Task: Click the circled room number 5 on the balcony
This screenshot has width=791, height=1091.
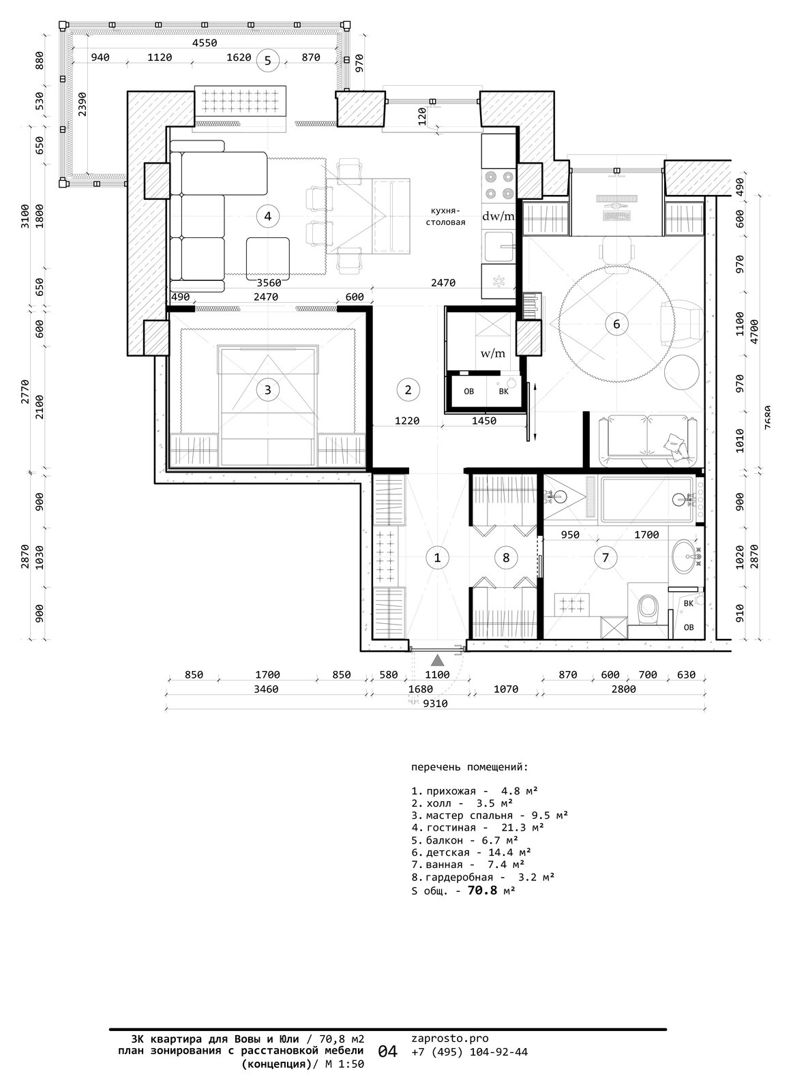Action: click(267, 61)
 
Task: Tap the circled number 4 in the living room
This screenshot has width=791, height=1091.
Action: click(267, 215)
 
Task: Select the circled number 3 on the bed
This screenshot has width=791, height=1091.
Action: click(267, 389)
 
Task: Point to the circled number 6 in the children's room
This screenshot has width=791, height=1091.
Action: click(616, 324)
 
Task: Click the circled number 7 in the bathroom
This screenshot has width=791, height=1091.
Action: click(606, 557)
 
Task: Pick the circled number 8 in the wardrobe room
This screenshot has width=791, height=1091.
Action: click(505, 557)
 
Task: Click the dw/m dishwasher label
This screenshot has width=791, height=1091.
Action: click(498, 216)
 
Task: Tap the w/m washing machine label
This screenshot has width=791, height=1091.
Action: click(493, 354)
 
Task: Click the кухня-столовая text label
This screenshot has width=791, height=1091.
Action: click(446, 216)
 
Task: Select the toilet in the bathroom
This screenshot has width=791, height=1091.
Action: click(647, 606)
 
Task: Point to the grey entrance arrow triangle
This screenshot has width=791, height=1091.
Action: click(438, 660)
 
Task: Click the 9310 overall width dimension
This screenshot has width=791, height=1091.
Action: click(435, 703)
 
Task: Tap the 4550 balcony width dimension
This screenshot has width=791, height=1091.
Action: click(205, 43)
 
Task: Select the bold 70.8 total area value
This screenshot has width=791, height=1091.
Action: click(483, 891)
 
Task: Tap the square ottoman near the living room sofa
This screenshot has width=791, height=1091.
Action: click(267, 258)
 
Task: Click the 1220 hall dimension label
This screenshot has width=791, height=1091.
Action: click(407, 421)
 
